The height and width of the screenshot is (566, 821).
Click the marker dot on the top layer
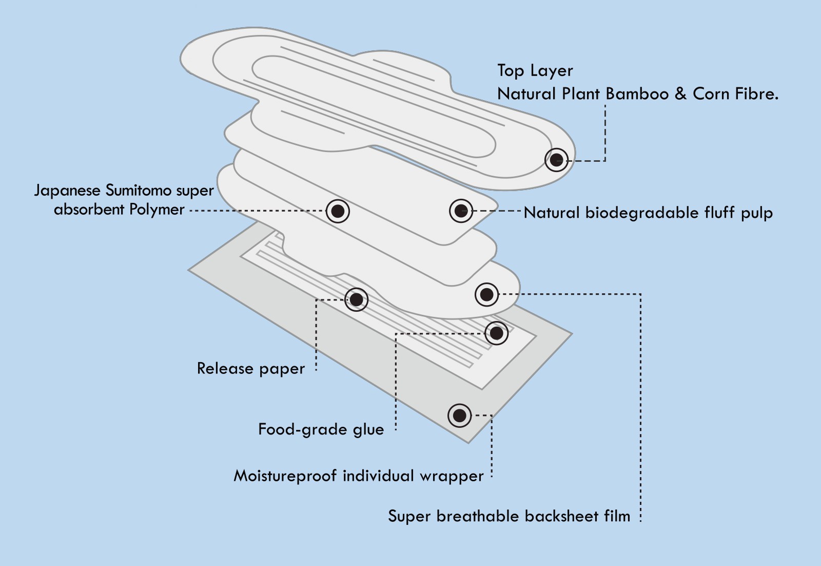pyautogui.click(x=556, y=160)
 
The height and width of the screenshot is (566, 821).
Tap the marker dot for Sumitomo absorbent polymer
pyautogui.click(x=338, y=211)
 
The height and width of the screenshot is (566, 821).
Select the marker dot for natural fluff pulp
pyautogui.click(x=461, y=210)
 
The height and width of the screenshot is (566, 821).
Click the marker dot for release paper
pyautogui.click(x=356, y=299)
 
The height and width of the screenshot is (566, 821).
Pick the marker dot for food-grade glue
pyautogui.click(x=496, y=333)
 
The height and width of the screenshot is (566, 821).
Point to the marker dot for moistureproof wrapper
pyautogui.click(x=459, y=415)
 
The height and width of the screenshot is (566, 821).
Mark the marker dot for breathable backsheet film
pyautogui.click(x=486, y=294)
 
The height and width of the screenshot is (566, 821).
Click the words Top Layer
pyautogui.click(x=535, y=70)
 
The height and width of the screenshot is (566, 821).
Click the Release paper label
pyautogui.click(x=250, y=369)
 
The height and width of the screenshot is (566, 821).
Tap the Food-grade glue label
pyautogui.click(x=321, y=429)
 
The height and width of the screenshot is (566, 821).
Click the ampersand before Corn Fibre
pyautogui.click(x=680, y=93)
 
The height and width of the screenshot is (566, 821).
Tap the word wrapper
pyautogui.click(x=452, y=476)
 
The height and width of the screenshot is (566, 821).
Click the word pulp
pyautogui.click(x=756, y=213)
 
